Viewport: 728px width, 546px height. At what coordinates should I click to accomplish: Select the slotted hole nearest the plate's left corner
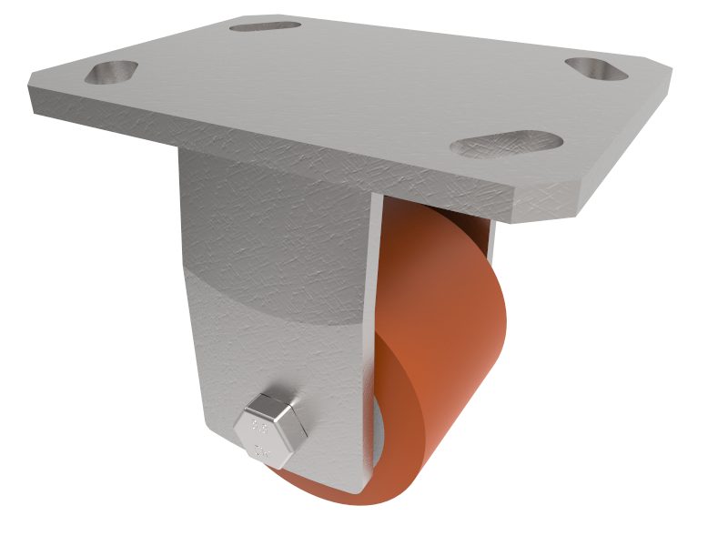coord(111,71)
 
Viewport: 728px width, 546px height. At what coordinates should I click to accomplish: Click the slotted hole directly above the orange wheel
coord(507,144)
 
